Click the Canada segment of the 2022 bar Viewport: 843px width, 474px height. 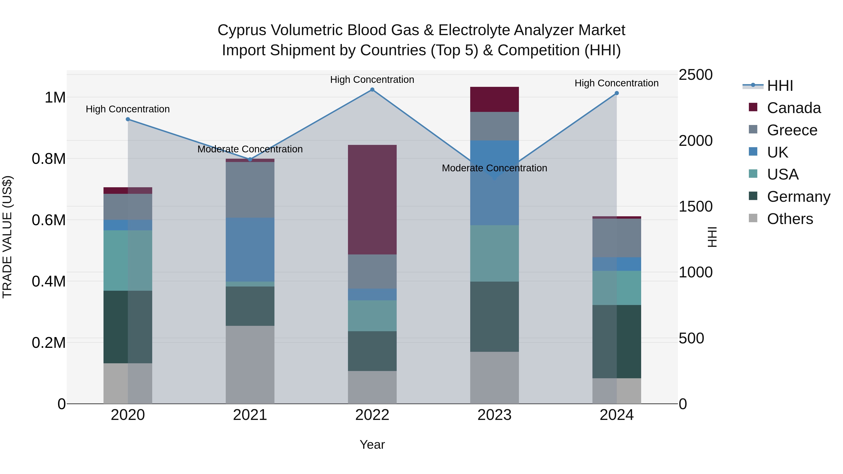(372, 199)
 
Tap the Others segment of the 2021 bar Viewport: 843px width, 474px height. (250, 364)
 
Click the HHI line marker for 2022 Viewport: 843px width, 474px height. (372, 90)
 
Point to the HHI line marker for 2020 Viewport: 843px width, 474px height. (128, 119)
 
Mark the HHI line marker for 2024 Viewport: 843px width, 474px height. (617, 93)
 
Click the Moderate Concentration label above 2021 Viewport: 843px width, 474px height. (250, 149)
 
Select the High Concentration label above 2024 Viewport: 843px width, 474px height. (617, 83)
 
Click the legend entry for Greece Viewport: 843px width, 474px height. (792, 130)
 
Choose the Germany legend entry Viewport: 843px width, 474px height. (799, 197)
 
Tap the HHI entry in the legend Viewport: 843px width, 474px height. (780, 86)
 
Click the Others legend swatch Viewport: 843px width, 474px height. (753, 218)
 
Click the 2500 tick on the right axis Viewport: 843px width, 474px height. (695, 75)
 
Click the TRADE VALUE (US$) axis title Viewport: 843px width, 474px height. (7, 237)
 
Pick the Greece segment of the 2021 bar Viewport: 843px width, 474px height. (250, 190)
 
